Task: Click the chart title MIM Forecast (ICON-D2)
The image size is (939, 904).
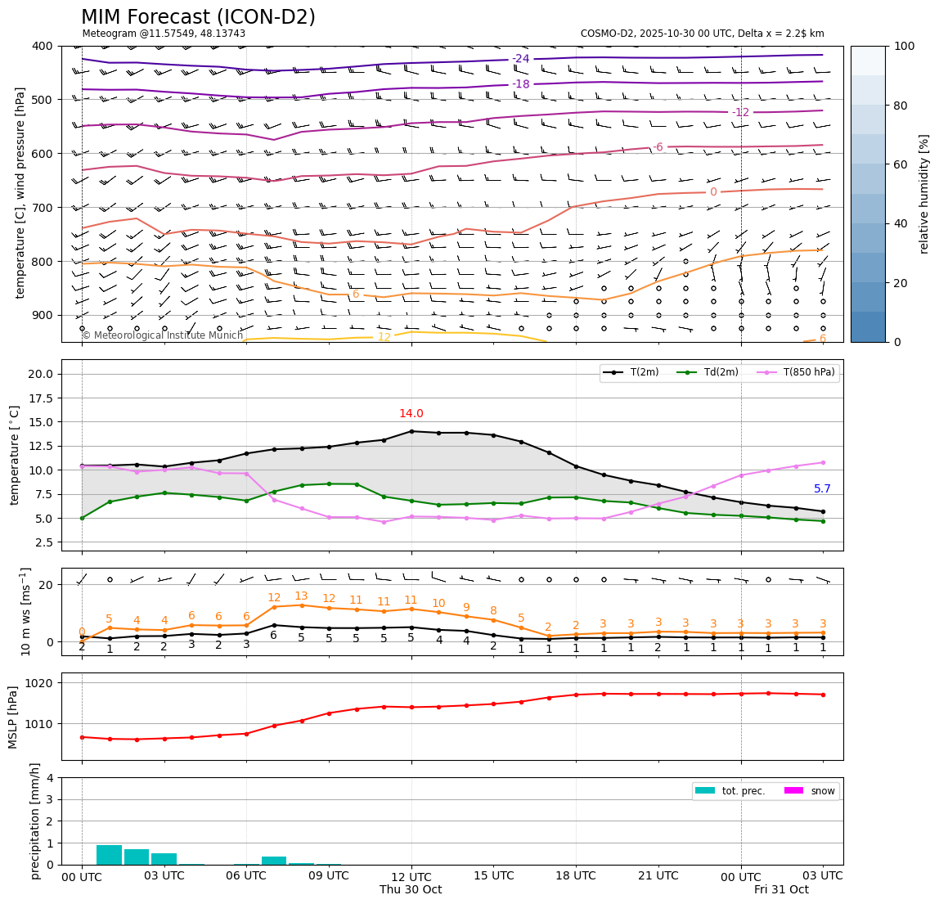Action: [x=198, y=17]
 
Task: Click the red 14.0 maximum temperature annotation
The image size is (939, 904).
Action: [x=411, y=414]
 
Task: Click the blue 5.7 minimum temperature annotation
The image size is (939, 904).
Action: [x=822, y=489]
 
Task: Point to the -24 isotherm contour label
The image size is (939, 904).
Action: [x=521, y=59]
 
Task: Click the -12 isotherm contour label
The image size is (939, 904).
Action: [x=740, y=112]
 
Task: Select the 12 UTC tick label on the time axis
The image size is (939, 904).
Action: [x=411, y=876]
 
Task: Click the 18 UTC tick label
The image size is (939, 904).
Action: [x=576, y=876]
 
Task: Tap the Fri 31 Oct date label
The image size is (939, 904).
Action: [x=781, y=890]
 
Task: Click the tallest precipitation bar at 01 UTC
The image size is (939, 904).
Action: [x=109, y=855]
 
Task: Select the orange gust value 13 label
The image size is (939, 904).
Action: [x=301, y=596]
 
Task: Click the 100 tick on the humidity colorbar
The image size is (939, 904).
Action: [x=904, y=47]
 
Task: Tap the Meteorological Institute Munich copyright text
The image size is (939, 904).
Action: [x=163, y=335]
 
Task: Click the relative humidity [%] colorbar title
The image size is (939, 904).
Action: [x=925, y=194]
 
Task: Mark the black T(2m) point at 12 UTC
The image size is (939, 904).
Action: [x=411, y=431]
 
